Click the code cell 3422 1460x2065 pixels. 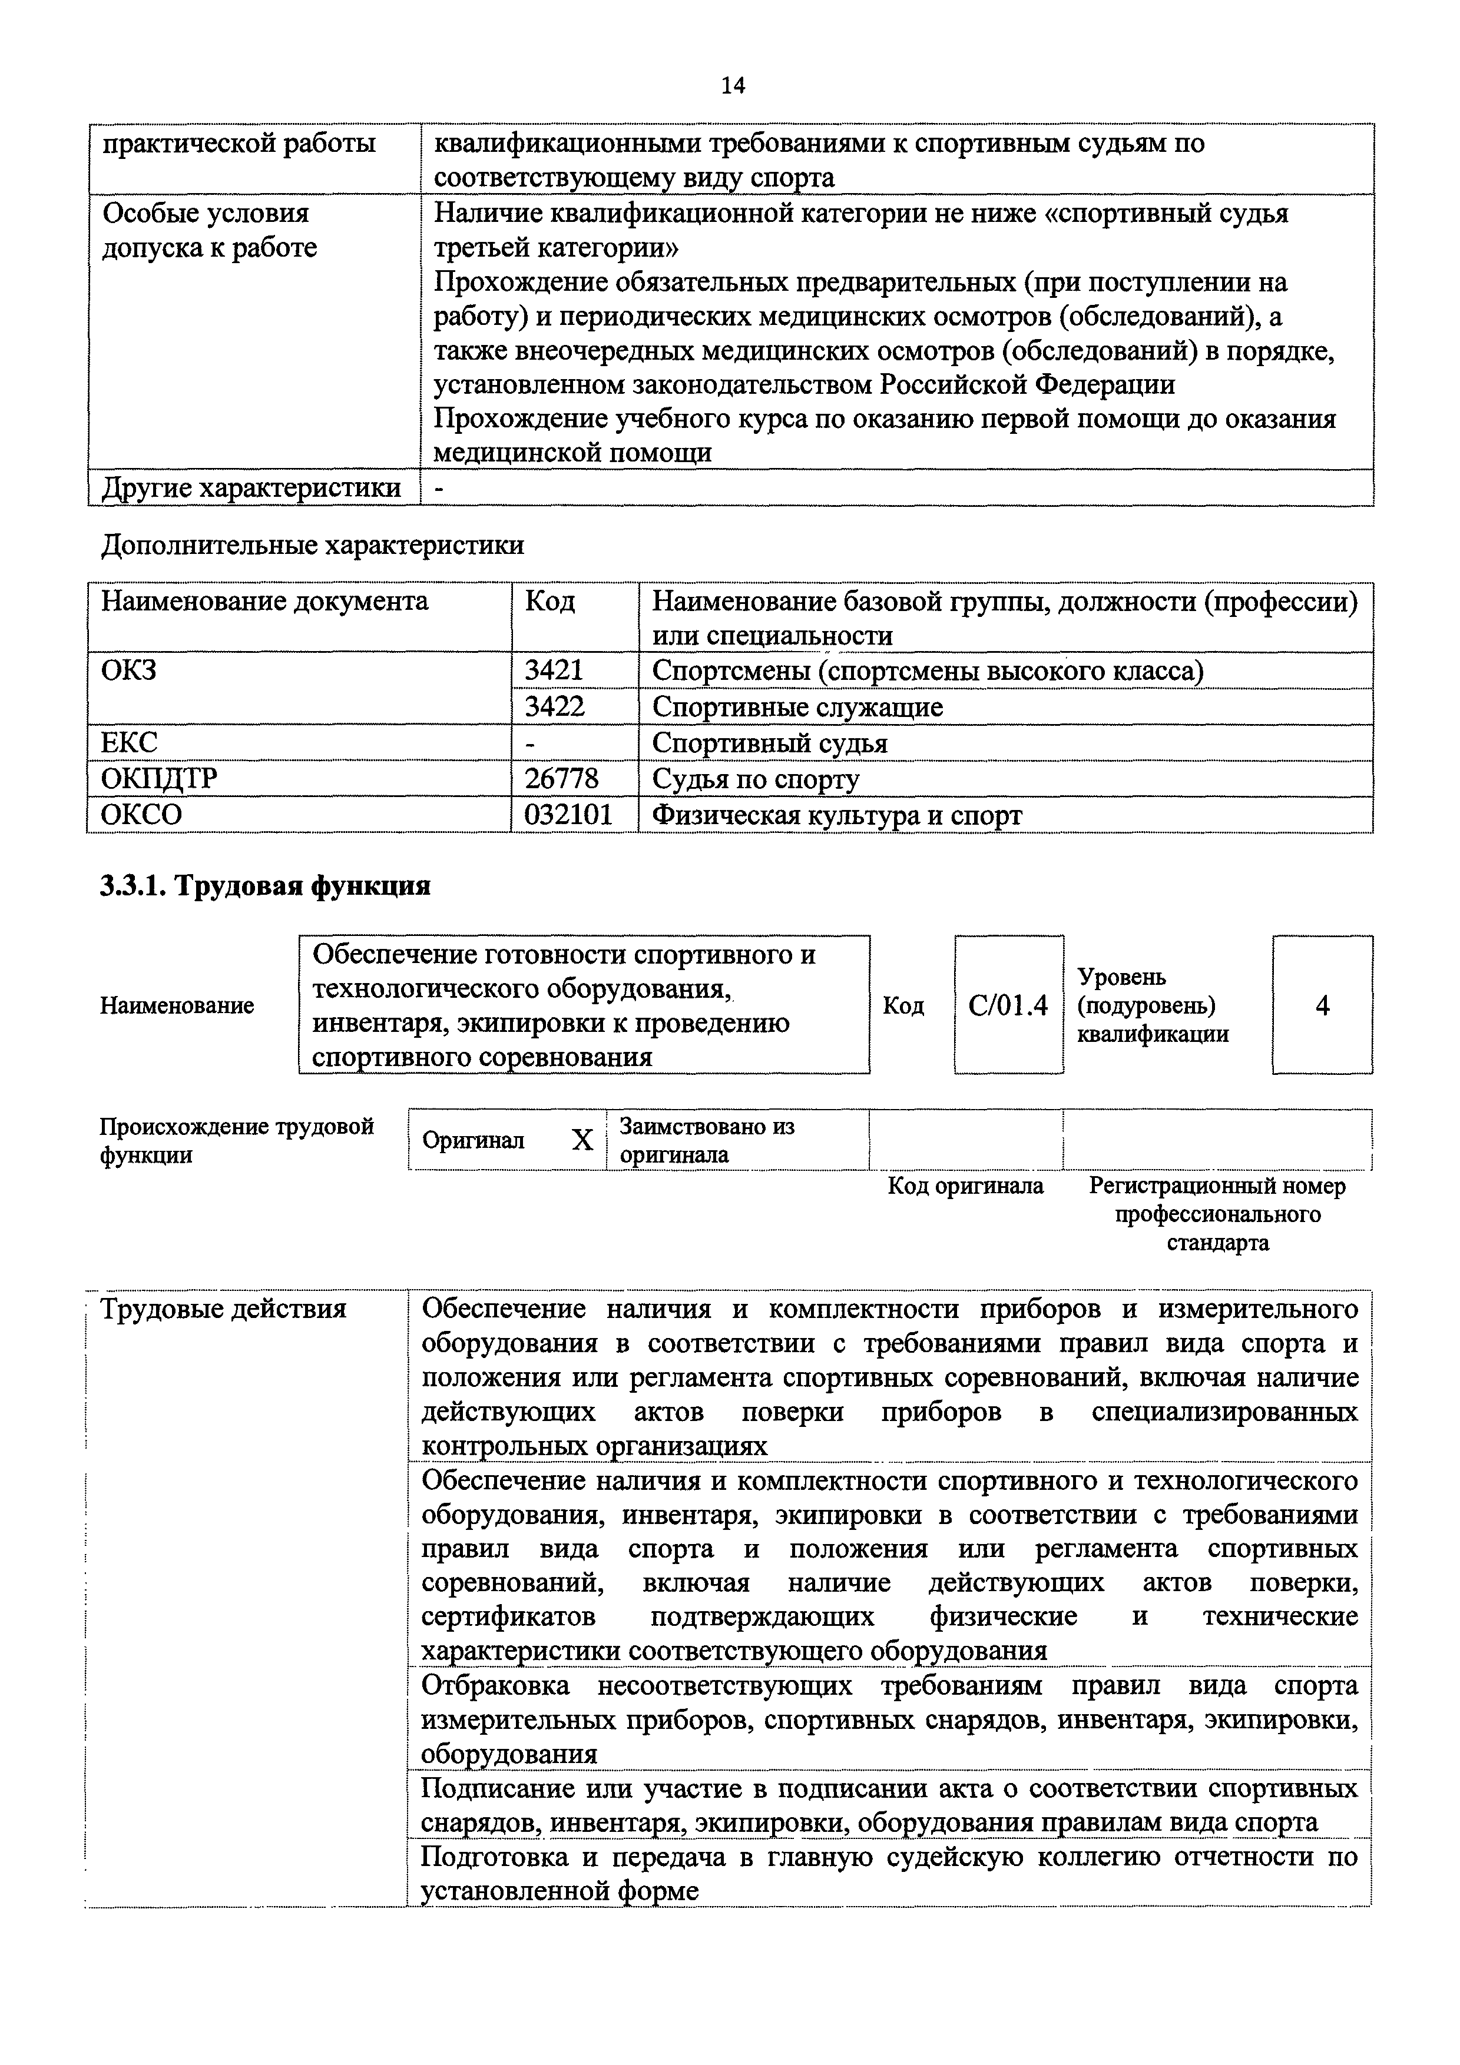[554, 707]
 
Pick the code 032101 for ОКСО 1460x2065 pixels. [568, 815]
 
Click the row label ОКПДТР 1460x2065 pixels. [158, 779]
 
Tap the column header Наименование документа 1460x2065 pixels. [264, 601]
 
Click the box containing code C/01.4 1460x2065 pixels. [1008, 1005]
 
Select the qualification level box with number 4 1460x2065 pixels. [1322, 1005]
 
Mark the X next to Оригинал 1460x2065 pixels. [582, 1140]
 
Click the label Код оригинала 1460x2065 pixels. [965, 1186]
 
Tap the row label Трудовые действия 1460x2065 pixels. [223, 1309]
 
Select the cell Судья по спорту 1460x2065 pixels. [756, 779]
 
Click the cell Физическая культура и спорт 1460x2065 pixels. [836, 815]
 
